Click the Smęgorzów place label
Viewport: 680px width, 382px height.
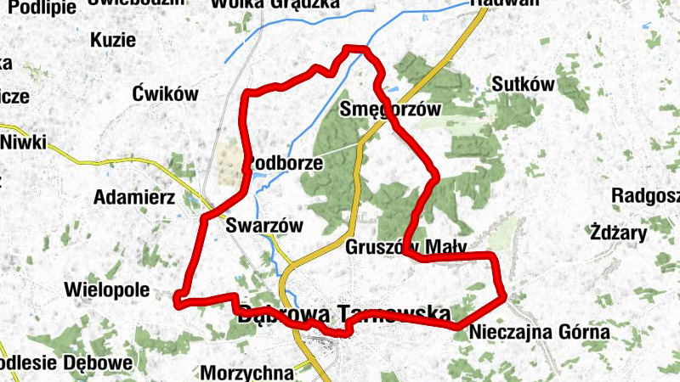pos(390,109)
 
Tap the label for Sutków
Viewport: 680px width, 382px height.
pos(523,84)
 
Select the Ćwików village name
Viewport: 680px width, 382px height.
pos(165,94)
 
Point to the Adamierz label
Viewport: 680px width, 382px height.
pos(133,198)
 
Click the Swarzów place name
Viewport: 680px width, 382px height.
pos(264,226)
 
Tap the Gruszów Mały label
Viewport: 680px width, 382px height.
pos(407,248)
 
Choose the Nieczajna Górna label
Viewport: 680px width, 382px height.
pos(539,332)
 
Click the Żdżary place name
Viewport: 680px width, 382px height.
pos(618,231)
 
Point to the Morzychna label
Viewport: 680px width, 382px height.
pos(246,372)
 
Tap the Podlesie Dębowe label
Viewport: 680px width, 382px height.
pos(66,362)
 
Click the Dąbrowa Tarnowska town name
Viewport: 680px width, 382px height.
pos(344,314)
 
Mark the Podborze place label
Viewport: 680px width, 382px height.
pos(284,162)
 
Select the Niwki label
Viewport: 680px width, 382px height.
pos(24,141)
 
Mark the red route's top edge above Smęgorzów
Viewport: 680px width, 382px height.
pos(355,49)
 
